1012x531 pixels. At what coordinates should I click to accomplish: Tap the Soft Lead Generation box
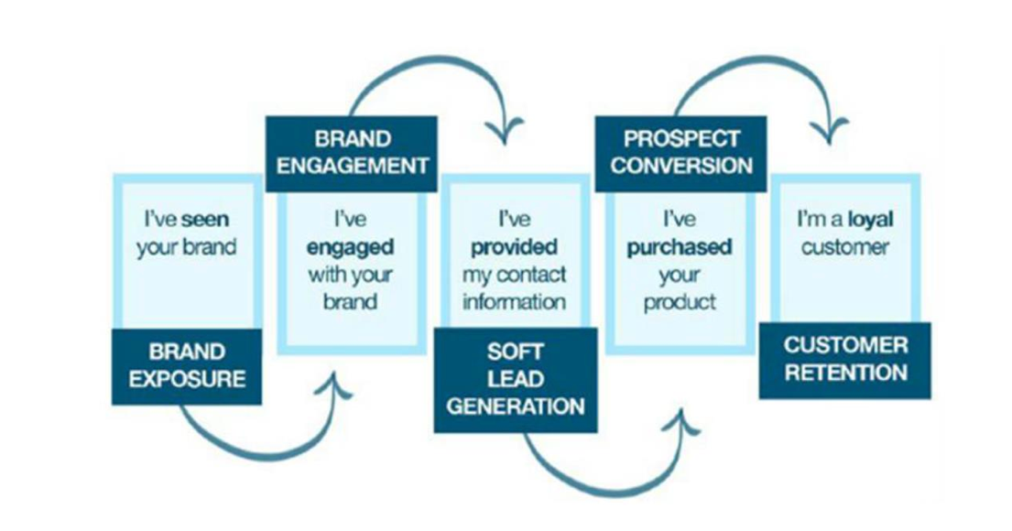click(x=515, y=379)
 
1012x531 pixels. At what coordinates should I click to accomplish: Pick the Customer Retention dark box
click(x=844, y=360)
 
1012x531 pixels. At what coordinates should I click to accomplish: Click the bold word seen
click(x=206, y=221)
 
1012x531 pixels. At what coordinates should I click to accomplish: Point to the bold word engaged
click(x=352, y=248)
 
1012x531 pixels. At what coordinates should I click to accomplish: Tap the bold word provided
click(x=514, y=248)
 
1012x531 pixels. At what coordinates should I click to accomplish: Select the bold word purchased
click(x=680, y=248)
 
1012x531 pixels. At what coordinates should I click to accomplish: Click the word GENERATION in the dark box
click(x=515, y=406)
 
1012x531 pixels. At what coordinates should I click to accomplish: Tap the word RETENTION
click(x=845, y=374)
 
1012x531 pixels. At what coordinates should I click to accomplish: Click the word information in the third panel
click(x=514, y=301)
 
